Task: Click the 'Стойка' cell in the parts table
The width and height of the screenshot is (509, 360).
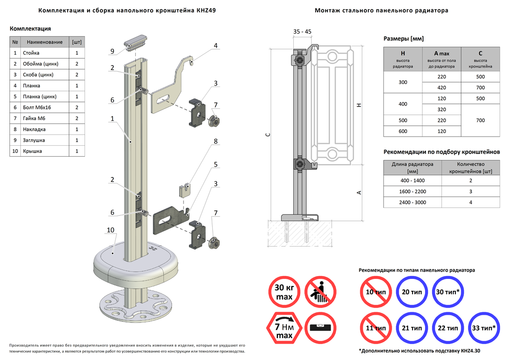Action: [31, 53]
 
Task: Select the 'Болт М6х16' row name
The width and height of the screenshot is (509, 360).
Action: [36, 107]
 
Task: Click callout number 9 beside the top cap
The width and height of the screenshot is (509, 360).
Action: [112, 51]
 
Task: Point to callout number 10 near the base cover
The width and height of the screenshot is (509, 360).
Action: [110, 230]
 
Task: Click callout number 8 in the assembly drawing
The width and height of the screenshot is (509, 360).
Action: [216, 141]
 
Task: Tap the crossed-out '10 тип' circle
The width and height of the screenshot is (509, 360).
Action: [376, 292]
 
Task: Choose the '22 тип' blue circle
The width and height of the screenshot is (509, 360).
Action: [448, 328]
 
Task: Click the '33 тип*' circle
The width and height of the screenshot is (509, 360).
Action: [485, 328]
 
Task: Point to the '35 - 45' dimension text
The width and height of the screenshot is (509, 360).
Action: [302, 32]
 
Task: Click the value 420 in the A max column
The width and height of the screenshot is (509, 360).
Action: [441, 88]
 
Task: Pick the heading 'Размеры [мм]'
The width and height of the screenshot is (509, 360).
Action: [404, 38]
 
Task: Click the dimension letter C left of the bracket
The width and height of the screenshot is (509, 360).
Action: [267, 135]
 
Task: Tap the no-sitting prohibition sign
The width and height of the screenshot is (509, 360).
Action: [321, 292]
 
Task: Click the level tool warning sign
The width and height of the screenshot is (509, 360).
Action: [321, 329]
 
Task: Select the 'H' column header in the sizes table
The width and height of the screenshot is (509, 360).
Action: [403, 53]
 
